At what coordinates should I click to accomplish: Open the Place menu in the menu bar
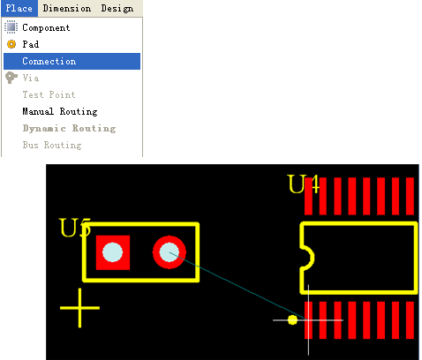coord(19,8)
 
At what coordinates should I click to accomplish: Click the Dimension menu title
coord(67,8)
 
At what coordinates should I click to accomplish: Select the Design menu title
coord(117,9)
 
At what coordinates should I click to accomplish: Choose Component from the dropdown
coord(46,27)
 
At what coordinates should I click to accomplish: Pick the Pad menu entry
coord(31,44)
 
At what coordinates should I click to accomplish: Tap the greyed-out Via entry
coord(31,78)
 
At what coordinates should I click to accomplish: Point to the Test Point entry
coord(49,94)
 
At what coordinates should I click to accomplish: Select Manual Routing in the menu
coord(60,111)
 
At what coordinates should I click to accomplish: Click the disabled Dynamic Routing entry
coord(70,128)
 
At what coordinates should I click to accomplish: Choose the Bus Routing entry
coord(52,145)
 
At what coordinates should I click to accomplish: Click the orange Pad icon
coord(11,44)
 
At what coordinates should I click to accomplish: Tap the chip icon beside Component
coord(11,27)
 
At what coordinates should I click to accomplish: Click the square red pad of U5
coord(113,252)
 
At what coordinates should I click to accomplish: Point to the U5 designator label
coord(75,228)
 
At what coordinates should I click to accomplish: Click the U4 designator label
coord(304,184)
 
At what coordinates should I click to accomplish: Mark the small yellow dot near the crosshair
coord(292,320)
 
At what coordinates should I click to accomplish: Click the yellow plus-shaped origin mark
coord(79,308)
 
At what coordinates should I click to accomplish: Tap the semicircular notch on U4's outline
coord(312,258)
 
